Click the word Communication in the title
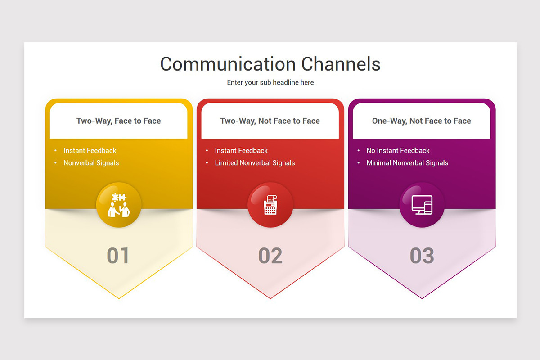pyautogui.click(x=228, y=64)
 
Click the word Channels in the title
pyautogui.click(x=341, y=64)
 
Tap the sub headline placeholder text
pyautogui.click(x=270, y=82)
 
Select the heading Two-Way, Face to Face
pyautogui.click(x=119, y=121)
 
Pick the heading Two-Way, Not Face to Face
pyautogui.click(x=270, y=121)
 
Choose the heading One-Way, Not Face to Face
pyautogui.click(x=421, y=121)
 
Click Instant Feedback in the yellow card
pyautogui.click(x=90, y=151)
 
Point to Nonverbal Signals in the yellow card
pyautogui.click(x=91, y=163)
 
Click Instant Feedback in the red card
pyautogui.click(x=241, y=151)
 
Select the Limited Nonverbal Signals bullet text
pyautogui.click(x=255, y=163)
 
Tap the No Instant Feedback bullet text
pyautogui.click(x=398, y=151)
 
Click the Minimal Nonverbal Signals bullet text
pyautogui.click(x=407, y=163)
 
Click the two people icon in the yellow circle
pyautogui.click(x=119, y=205)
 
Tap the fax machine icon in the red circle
pyautogui.click(x=270, y=205)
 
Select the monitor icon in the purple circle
pyautogui.click(x=422, y=205)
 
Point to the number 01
pyautogui.click(x=118, y=256)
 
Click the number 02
pyautogui.click(x=270, y=256)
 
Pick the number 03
pyautogui.click(x=422, y=256)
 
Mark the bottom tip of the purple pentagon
pyautogui.click(x=422, y=298)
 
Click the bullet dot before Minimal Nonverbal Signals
pyautogui.click(x=359, y=163)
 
